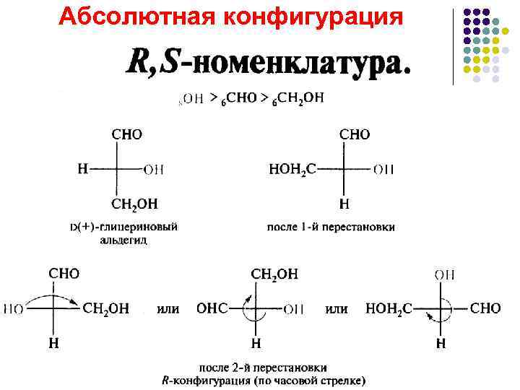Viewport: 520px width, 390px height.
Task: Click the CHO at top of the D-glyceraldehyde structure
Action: [x=127, y=135]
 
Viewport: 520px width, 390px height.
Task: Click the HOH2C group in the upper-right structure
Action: [x=292, y=169]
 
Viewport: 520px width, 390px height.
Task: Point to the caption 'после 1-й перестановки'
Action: [x=331, y=227]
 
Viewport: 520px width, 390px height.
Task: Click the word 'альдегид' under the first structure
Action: [x=123, y=240]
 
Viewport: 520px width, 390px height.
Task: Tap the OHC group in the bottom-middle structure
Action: [x=212, y=308]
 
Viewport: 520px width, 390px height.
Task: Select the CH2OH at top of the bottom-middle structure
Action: [x=274, y=274]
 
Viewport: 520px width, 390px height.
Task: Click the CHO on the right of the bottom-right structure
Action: [x=485, y=308]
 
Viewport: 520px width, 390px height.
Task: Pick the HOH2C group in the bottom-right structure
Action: [x=389, y=308]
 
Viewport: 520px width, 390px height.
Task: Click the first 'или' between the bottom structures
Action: [x=168, y=308]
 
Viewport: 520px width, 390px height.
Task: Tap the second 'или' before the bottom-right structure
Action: [x=337, y=308]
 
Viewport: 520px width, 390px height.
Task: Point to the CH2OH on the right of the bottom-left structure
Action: [x=106, y=308]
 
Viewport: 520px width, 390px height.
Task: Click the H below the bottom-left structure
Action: [x=53, y=344]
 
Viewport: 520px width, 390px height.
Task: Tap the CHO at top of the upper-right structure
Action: [x=355, y=135]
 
